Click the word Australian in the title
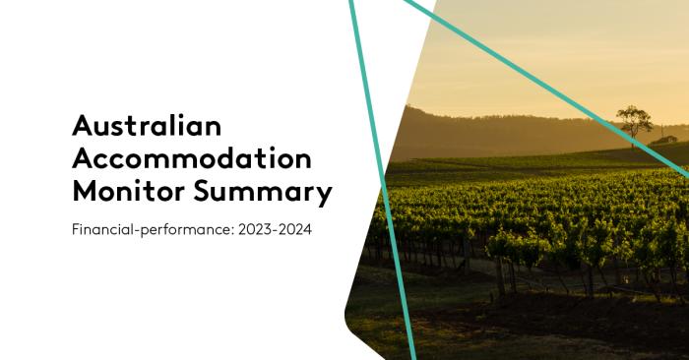pos(148,125)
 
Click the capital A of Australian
pos(85,125)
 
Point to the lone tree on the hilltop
pos(634,120)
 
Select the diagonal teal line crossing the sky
pos(551,89)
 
